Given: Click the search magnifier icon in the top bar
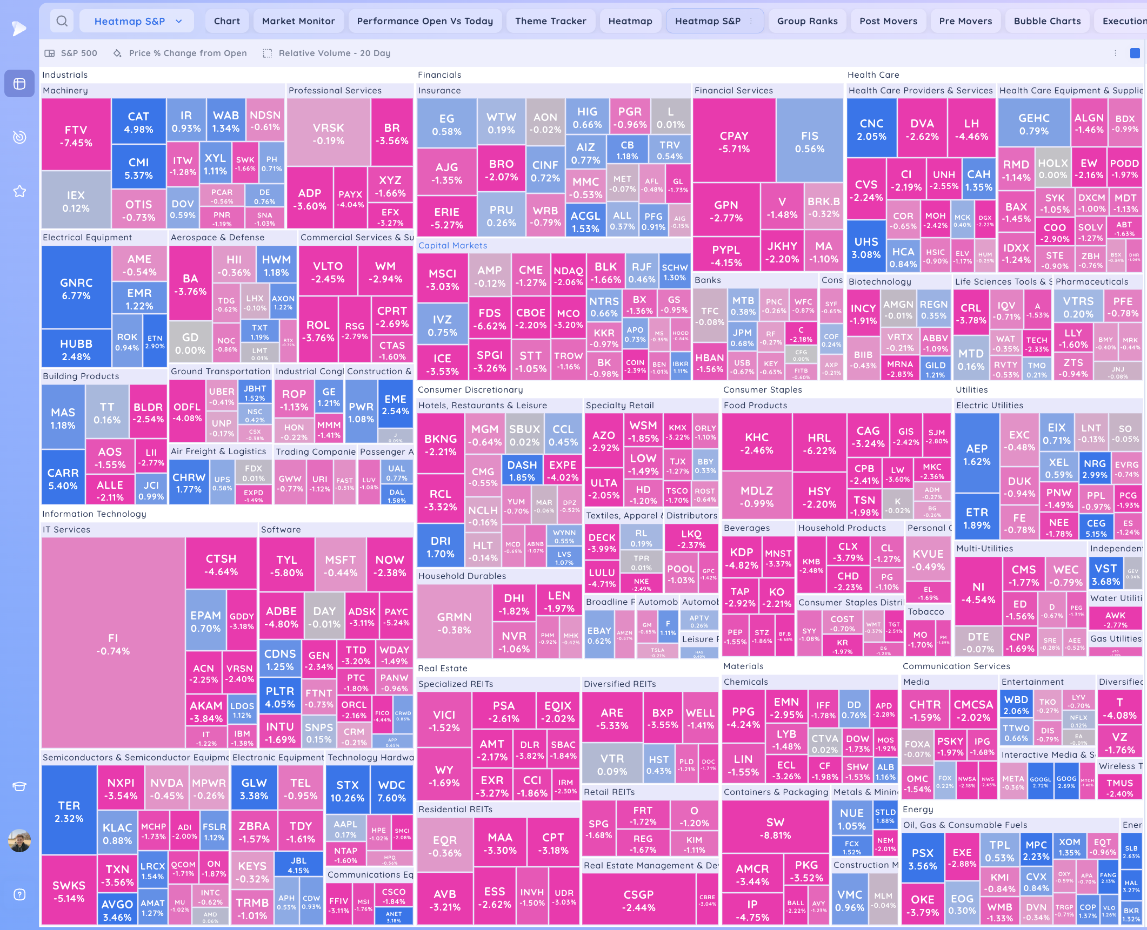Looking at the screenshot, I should coord(62,21).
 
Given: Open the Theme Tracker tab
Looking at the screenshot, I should coord(550,21).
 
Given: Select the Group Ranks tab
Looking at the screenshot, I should coord(807,21).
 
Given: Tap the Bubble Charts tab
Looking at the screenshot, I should coord(1047,21).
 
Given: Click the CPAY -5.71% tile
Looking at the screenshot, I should coord(734,141).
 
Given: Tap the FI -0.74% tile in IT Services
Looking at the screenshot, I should coord(113,644).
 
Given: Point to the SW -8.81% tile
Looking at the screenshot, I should coord(775,828).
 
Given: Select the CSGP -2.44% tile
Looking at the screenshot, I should coord(638,900).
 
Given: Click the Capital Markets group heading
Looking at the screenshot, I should coord(452,245).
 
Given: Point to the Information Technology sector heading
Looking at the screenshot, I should coord(94,514).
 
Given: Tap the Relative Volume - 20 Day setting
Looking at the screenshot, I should coord(334,53).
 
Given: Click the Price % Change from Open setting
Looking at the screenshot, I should coord(188,53).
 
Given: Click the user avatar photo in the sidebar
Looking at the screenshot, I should coord(19,840).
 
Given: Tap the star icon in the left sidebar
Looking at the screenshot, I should coord(19,191).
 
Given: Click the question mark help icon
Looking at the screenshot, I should coord(19,895).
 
